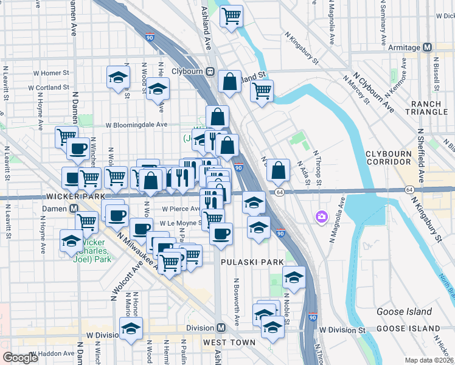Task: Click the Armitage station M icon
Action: point(427,47)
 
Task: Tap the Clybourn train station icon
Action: point(210,71)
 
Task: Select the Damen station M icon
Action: point(74,208)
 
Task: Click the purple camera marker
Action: point(321,217)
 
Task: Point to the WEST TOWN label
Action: point(229,342)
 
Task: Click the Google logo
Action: point(21,357)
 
